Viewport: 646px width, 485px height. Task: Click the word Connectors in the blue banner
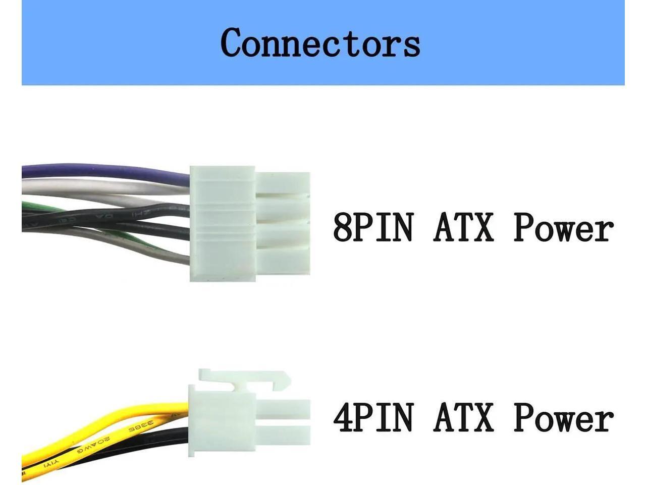pos(320,42)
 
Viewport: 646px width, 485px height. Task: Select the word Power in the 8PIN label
pos(563,228)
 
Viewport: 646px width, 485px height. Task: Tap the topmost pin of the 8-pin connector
pos(283,183)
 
